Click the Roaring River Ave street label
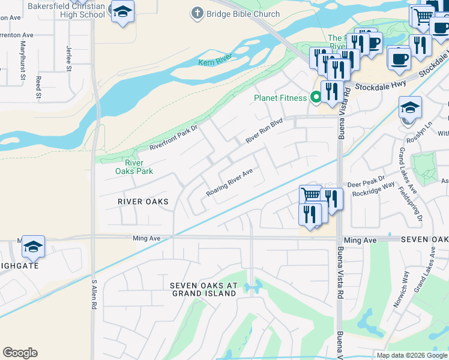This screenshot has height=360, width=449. pyautogui.click(x=229, y=182)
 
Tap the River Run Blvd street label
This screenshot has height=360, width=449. pyautogui.click(x=264, y=131)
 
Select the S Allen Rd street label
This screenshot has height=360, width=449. pyautogui.click(x=94, y=294)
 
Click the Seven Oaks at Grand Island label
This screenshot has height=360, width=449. pyautogui.click(x=203, y=289)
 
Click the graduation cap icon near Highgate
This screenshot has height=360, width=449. pyautogui.click(x=34, y=246)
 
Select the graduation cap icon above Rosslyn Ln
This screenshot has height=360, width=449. pyautogui.click(x=410, y=108)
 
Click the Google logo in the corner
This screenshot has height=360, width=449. pyautogui.click(x=20, y=353)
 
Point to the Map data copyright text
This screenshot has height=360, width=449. pyautogui.click(x=412, y=355)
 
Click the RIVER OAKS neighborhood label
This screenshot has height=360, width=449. pyautogui.click(x=143, y=201)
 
